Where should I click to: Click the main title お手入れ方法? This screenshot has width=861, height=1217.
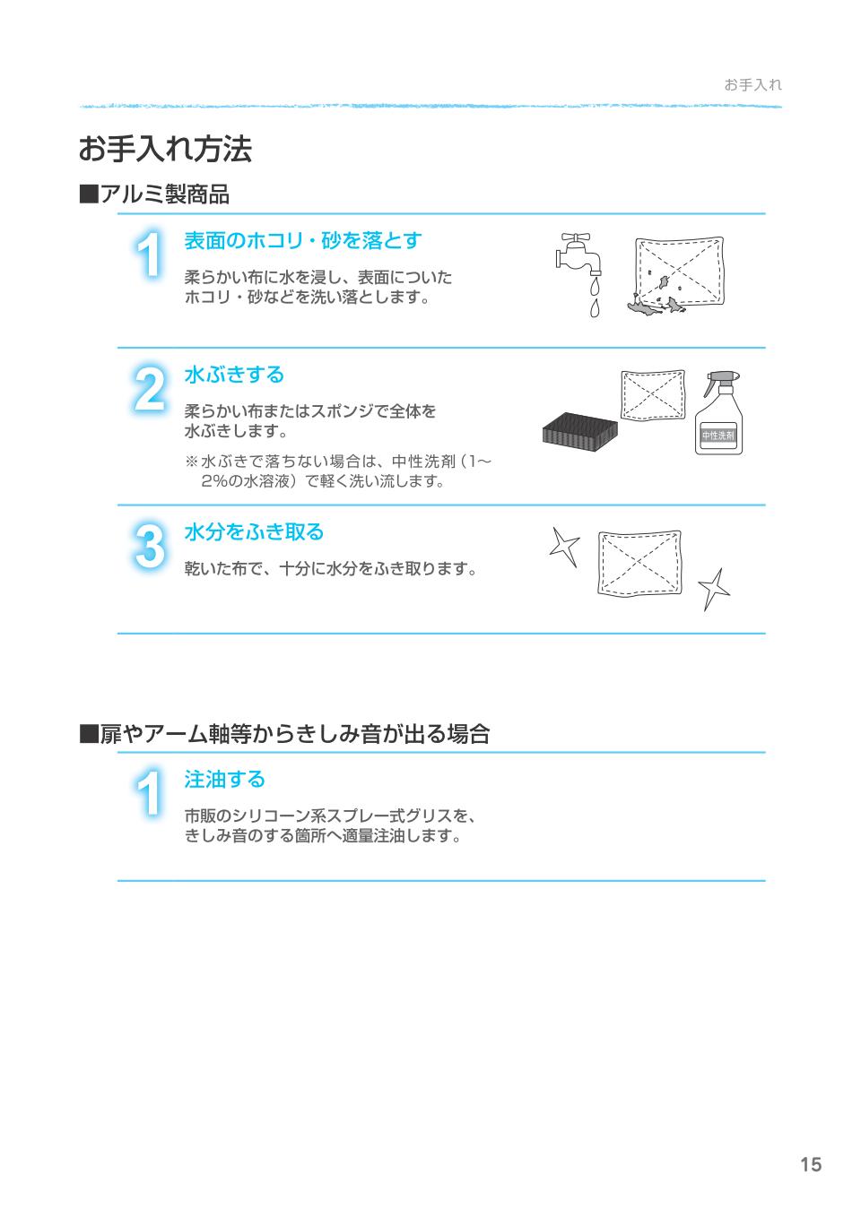[165, 150]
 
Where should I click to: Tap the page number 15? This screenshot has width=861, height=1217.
[810, 1165]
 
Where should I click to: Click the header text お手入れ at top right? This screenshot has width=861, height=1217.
[752, 85]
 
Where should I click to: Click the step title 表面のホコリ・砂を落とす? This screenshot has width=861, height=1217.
[302, 241]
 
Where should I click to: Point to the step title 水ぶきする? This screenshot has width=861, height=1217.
[233, 375]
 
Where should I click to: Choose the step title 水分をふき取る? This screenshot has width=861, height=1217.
[253, 532]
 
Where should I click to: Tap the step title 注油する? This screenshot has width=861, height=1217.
[224, 780]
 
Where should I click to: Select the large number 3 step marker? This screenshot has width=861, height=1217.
[149, 548]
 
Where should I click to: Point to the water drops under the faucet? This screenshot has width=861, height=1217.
[594, 298]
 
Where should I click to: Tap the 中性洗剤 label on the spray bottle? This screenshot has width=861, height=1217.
[717, 436]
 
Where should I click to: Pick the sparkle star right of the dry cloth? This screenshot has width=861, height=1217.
[714, 589]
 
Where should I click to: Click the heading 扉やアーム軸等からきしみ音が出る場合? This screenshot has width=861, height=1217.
[284, 735]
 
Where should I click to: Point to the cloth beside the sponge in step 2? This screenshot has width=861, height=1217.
[652, 393]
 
